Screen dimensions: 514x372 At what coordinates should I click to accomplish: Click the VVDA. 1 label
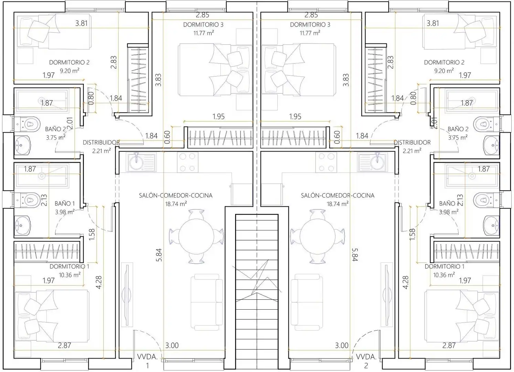(147, 361)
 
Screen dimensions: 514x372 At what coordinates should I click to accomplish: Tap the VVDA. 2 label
(366, 361)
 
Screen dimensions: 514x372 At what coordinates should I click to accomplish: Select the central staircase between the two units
(257, 292)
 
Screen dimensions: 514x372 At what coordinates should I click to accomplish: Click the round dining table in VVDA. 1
(196, 236)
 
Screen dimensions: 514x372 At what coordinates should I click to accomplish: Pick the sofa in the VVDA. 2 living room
(307, 302)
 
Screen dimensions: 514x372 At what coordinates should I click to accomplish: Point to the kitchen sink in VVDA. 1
(142, 163)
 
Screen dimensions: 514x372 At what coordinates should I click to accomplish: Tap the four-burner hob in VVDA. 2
(326, 162)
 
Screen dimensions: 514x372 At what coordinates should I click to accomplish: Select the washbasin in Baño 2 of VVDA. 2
(492, 145)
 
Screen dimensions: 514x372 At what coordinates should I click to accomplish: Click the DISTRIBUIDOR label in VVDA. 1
(101, 143)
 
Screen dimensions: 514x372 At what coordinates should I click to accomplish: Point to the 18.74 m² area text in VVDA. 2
(338, 204)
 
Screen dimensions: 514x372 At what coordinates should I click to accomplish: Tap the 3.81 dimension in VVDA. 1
(81, 23)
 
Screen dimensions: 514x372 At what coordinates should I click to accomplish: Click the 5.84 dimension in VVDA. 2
(354, 255)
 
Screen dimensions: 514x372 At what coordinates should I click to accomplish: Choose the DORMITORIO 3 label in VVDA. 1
(203, 24)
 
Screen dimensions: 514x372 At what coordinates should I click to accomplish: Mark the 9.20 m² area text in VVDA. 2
(444, 71)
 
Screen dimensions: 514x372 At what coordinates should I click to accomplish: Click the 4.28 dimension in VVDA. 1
(99, 282)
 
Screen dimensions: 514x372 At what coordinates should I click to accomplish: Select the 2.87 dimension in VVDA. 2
(449, 345)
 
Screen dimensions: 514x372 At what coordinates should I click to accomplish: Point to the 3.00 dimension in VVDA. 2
(342, 345)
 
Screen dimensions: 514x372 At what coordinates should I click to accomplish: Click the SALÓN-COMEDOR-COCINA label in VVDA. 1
(176, 195)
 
